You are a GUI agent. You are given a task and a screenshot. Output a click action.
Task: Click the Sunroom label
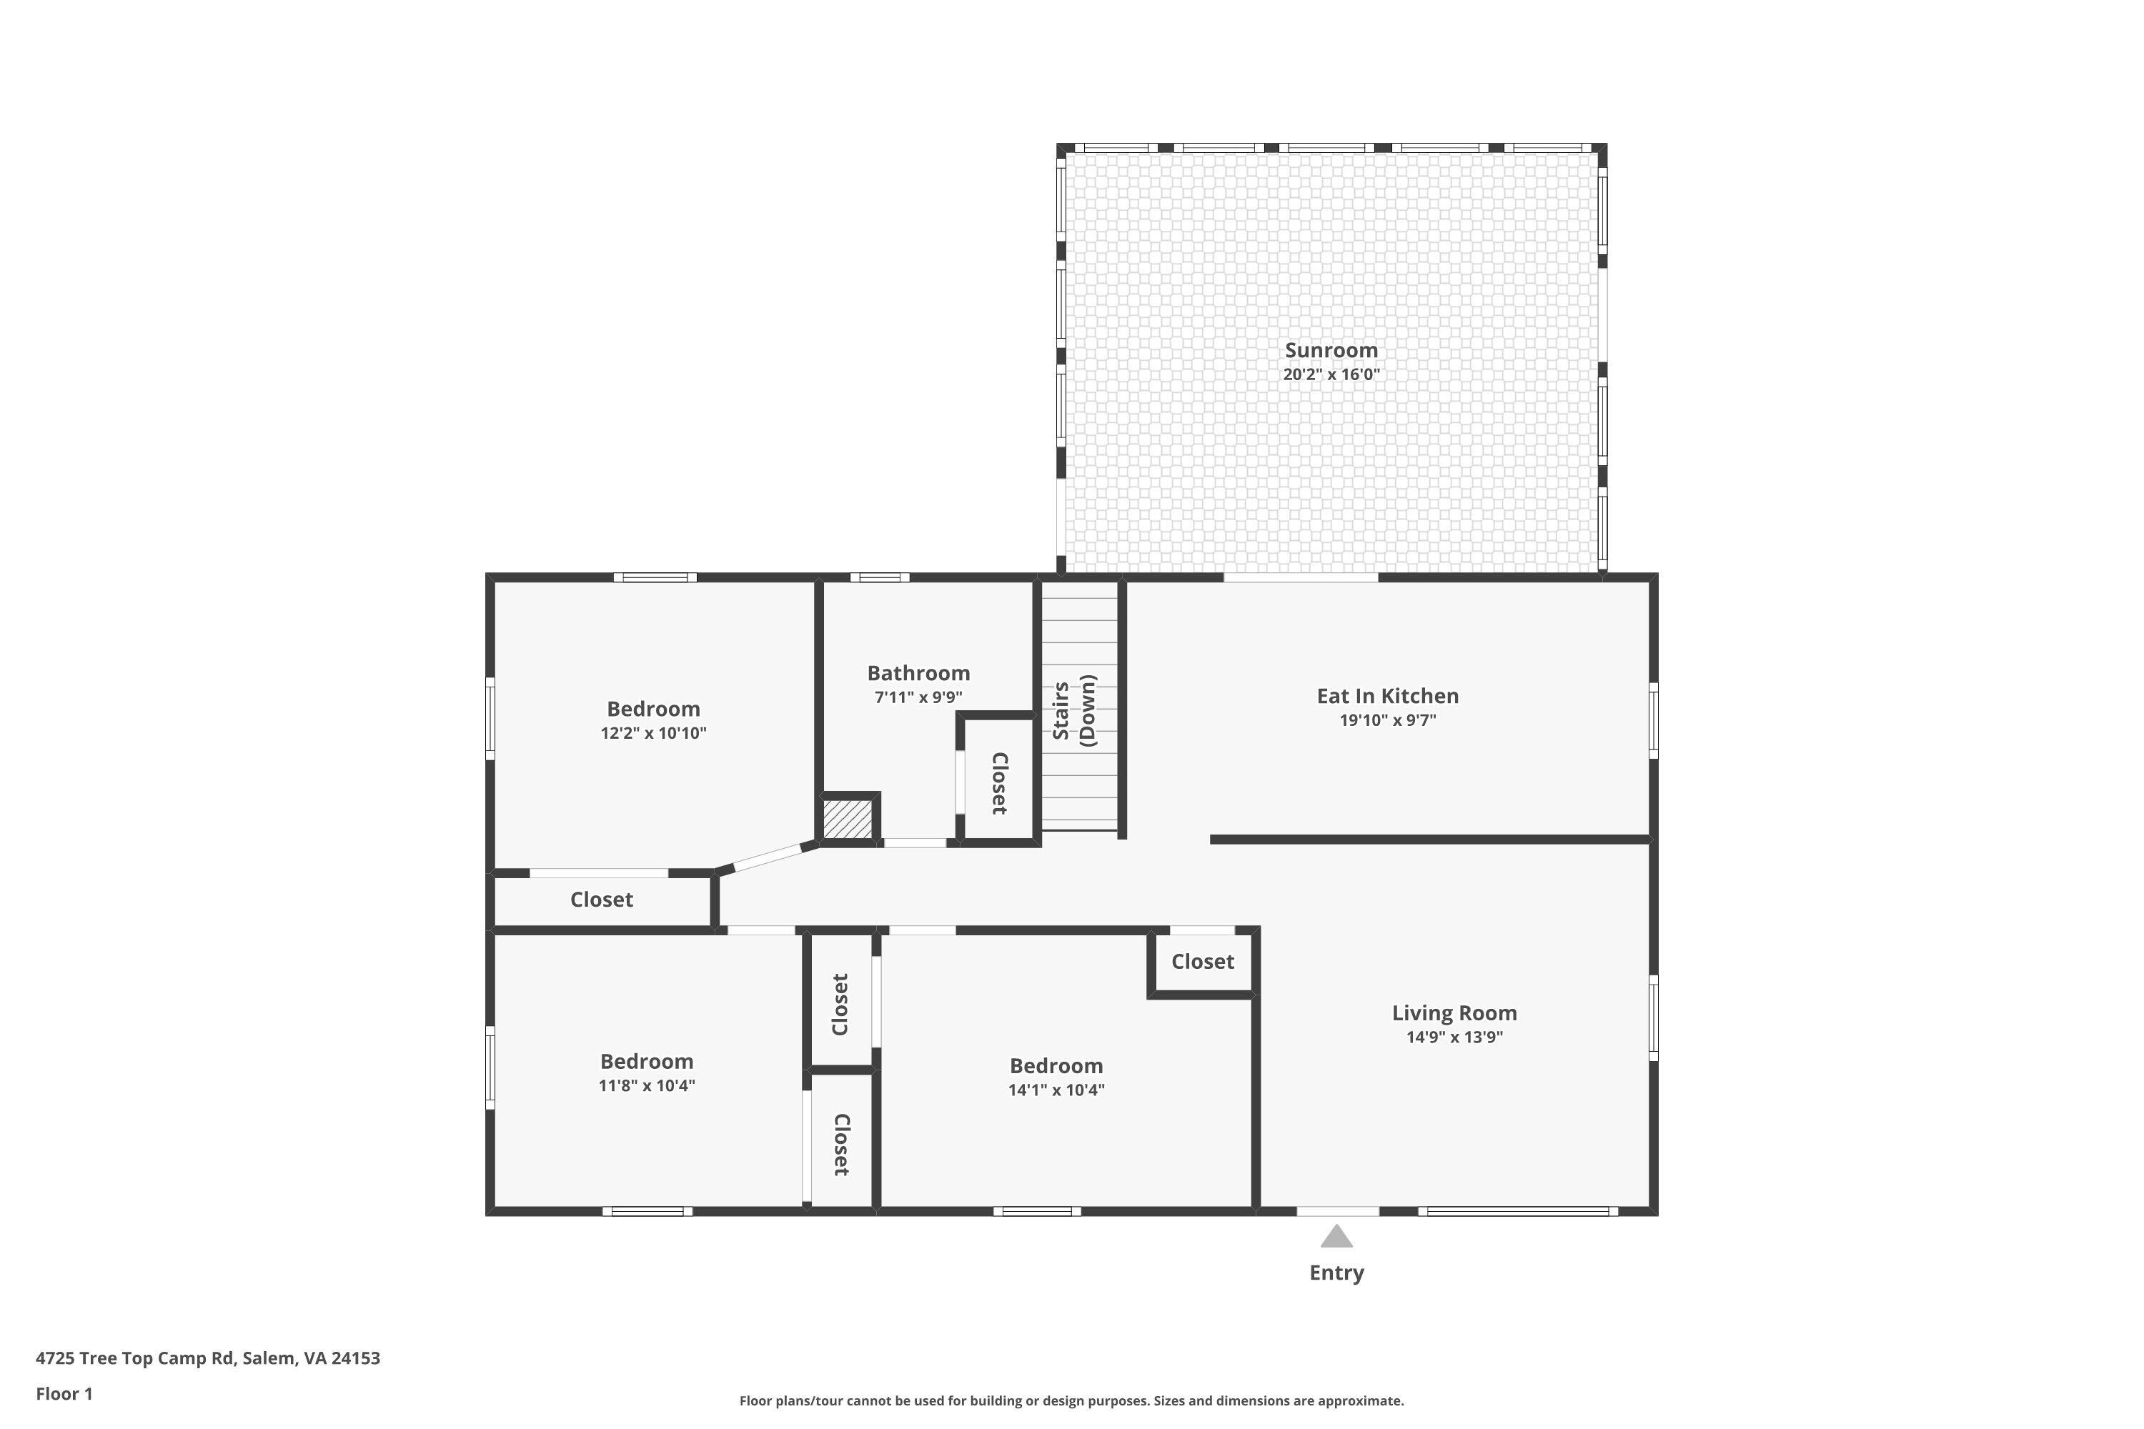pos(1331,350)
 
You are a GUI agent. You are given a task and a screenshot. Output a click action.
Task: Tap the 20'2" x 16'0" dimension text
pos(1331,374)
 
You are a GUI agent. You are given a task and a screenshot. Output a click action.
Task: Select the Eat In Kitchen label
pos(1387,696)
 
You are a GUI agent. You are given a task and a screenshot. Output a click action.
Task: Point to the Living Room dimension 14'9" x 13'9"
pos(1454,1037)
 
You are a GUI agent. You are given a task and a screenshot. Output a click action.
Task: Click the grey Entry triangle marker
pos(1336,1237)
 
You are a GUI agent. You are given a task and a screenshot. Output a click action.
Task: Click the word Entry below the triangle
pos(1336,1273)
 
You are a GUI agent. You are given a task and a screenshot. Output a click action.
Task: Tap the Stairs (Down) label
pos(1074,712)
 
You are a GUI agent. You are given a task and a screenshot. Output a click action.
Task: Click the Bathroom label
pos(918,674)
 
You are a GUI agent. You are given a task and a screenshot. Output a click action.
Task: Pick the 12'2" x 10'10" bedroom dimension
pos(654,734)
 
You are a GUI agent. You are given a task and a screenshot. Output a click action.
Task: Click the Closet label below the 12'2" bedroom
pos(602,900)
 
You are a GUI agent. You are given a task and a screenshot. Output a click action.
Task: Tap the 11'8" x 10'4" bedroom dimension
pos(646,1085)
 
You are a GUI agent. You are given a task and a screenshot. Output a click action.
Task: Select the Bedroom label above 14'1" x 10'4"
pos(1056,1065)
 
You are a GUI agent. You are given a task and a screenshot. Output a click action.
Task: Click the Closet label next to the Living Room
pos(1202,962)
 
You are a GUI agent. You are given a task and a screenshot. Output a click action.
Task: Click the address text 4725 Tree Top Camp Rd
pos(208,1358)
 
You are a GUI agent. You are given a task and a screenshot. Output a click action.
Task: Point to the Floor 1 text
pos(64,1393)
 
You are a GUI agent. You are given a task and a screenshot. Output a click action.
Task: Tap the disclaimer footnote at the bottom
pos(1071,1400)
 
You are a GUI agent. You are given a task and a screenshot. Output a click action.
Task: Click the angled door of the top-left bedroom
pos(768,857)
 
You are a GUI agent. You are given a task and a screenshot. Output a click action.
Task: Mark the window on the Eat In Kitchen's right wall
pos(1652,720)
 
